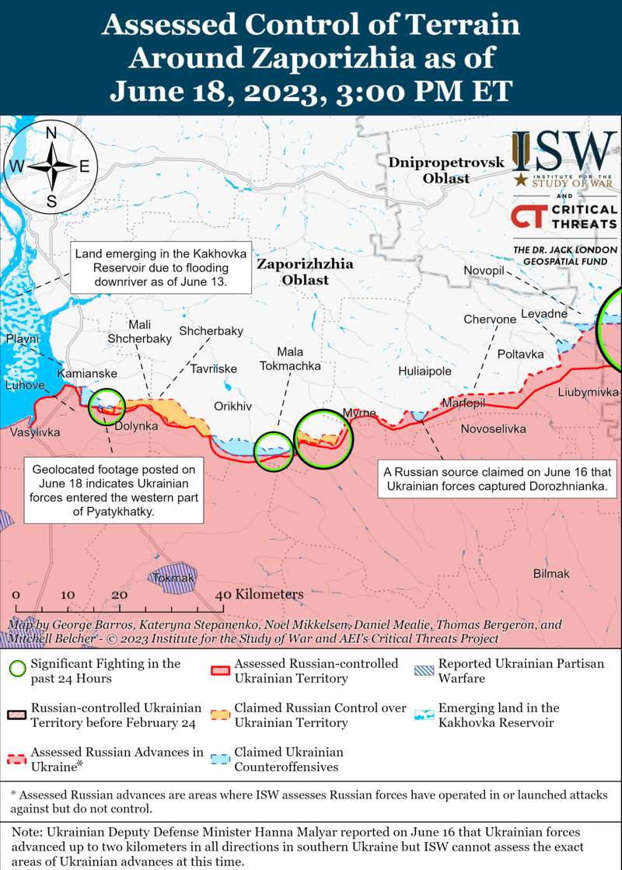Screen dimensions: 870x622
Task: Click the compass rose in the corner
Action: [51, 166]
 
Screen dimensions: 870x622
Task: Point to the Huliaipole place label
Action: [425, 372]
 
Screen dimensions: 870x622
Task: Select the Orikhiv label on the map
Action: [232, 407]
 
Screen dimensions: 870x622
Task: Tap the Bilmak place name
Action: [551, 574]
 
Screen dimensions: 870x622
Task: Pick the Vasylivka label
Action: [35, 432]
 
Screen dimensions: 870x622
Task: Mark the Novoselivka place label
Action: [493, 429]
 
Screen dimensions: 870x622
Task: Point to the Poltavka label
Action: [520, 354]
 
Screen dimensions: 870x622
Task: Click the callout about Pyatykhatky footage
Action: [114, 491]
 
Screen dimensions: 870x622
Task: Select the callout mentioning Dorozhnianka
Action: [498, 480]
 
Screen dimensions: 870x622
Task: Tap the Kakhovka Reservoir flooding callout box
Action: [160, 268]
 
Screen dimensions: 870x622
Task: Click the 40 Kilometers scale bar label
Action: [259, 594]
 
